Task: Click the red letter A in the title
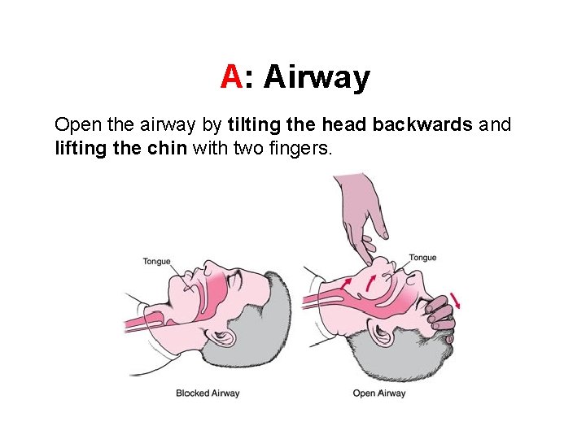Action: pos(231,78)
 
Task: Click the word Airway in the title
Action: pos(317,78)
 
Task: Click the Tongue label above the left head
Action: pos(156,261)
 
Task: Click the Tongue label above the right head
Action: pos(422,258)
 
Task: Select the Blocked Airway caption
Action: pos(208,393)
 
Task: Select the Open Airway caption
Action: pos(378,393)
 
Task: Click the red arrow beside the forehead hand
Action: pos(457,302)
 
